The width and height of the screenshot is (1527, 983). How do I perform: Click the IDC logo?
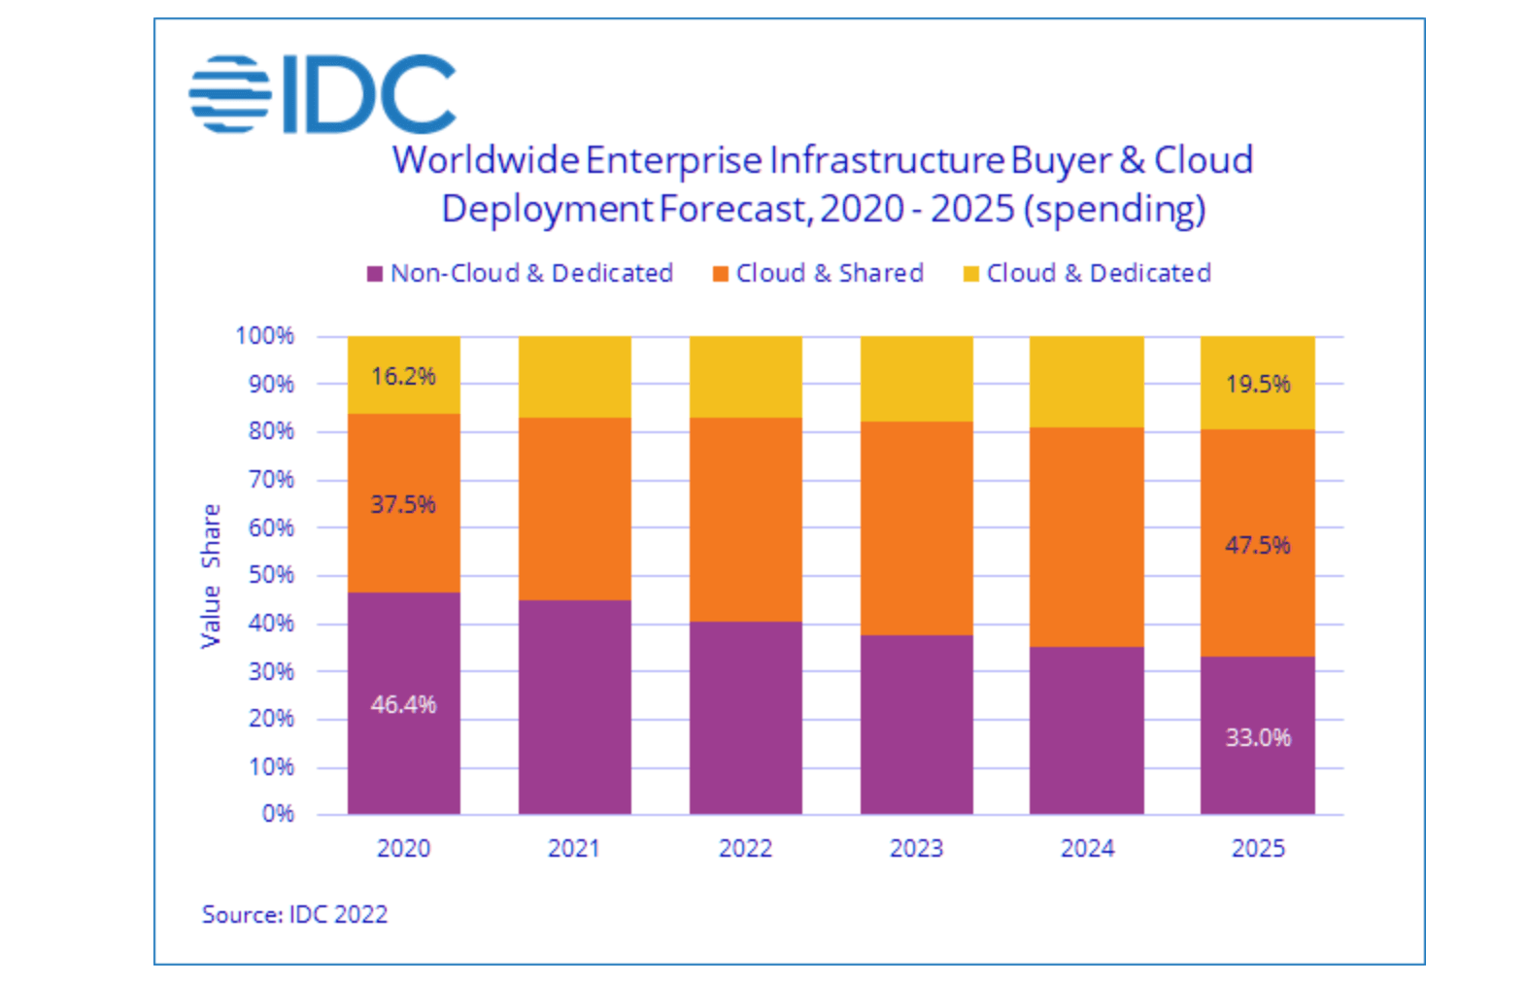[x=322, y=94]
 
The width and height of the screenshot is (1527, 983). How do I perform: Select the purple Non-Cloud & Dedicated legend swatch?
[x=374, y=274]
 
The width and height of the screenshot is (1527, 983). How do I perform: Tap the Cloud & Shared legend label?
[x=829, y=273]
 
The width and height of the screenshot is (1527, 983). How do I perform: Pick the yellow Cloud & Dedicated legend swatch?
[x=970, y=274]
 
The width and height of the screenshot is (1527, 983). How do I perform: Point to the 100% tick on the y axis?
[x=264, y=336]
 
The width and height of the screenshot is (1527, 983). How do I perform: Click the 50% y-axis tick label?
[x=270, y=575]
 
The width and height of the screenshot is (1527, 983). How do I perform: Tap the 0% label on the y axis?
[x=277, y=814]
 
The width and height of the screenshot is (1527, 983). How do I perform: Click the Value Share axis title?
[x=211, y=576]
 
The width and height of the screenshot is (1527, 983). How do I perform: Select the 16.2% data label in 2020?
[x=403, y=376]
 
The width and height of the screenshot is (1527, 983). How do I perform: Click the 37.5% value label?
[x=403, y=504]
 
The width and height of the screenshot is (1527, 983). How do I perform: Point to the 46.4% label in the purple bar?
[x=403, y=704]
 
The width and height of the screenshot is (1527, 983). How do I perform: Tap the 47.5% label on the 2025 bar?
[x=1257, y=545]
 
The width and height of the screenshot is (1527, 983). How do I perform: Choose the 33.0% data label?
[x=1257, y=737]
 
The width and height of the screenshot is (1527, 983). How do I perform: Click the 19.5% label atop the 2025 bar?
[x=1257, y=385]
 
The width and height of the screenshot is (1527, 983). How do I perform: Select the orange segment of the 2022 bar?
[x=745, y=520]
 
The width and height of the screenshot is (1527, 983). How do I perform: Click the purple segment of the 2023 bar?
[x=916, y=724]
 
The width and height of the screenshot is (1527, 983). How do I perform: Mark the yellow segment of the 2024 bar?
[x=1086, y=382]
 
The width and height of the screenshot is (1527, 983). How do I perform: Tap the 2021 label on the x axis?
[x=574, y=848]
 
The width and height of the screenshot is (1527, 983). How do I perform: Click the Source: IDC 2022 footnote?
[x=294, y=914]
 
